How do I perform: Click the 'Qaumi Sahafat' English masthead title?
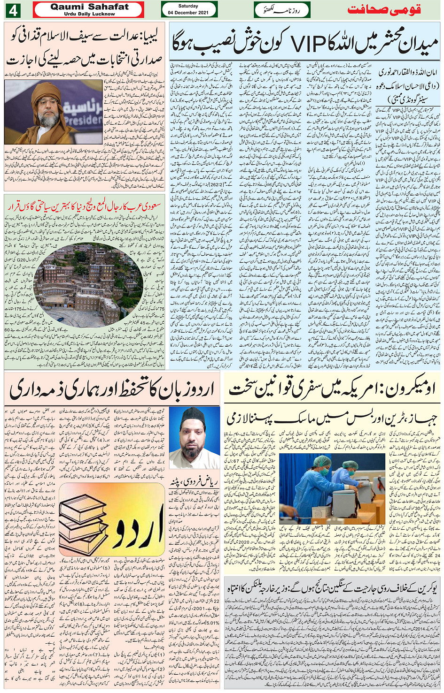point(89,7)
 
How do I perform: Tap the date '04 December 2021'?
point(188,13)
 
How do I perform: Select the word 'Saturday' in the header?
point(188,6)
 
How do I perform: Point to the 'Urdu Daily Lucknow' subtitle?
point(89,14)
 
